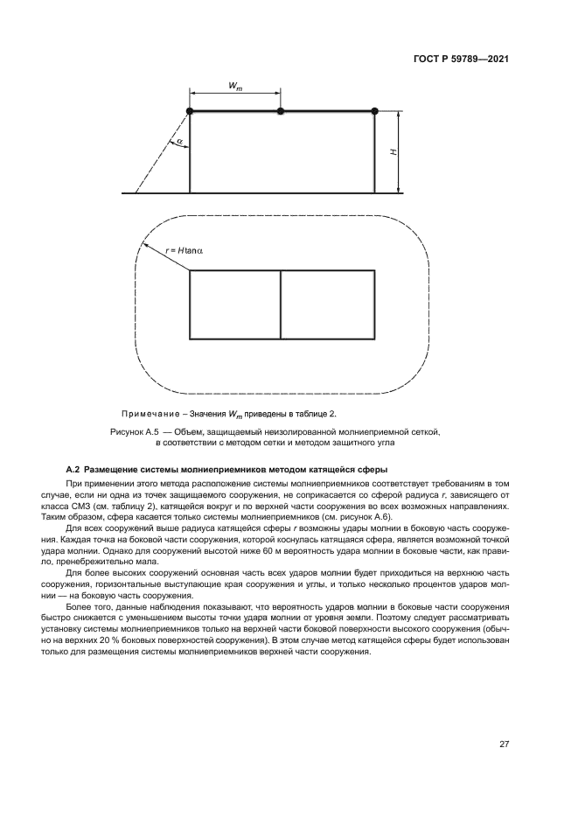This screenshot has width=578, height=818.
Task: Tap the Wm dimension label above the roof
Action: coord(235,85)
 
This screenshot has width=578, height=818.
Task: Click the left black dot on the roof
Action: coord(190,110)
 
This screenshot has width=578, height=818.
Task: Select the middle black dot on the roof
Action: coord(280,111)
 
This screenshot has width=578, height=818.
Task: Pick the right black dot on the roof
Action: coord(374,110)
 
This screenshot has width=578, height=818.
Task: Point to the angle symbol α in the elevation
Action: coord(178,140)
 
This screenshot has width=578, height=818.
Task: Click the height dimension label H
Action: coord(393,152)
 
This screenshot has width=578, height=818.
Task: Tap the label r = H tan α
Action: coord(184,251)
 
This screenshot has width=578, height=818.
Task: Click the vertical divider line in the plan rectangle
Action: coord(280,304)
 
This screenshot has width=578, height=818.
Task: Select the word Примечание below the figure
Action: coord(152,413)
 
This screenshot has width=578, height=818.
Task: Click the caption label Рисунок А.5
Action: coord(134,432)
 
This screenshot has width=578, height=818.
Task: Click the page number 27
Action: coord(504,745)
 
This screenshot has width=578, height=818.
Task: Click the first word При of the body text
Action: coord(75,483)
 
